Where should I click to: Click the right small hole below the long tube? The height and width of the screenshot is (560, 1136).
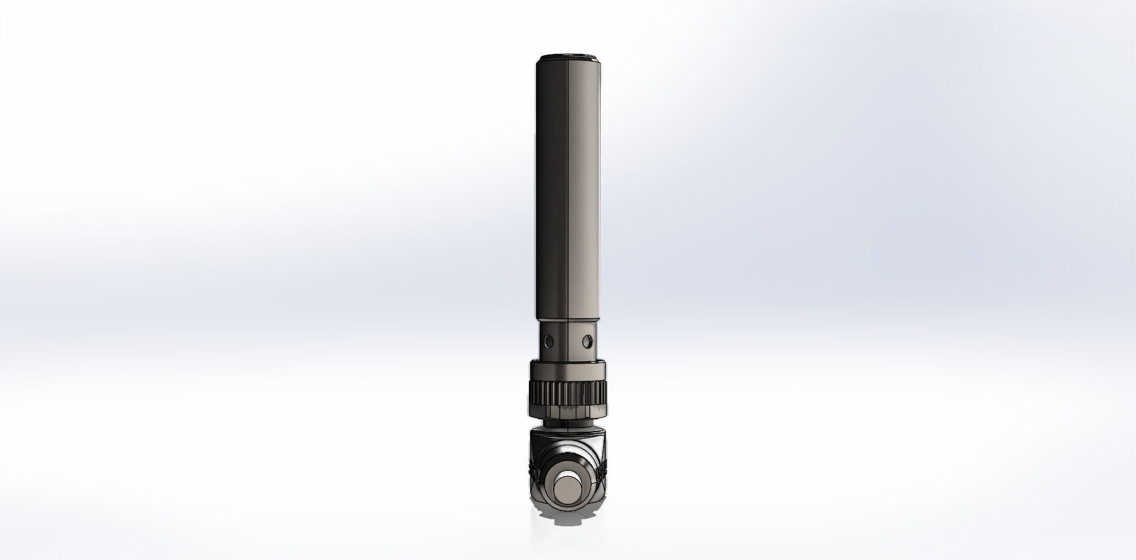(x=587, y=341)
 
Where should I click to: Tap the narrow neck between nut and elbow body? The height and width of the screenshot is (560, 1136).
(x=567, y=421)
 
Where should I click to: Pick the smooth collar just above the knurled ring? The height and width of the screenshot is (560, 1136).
(x=567, y=371)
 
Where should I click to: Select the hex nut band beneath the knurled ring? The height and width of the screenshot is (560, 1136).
(x=567, y=410)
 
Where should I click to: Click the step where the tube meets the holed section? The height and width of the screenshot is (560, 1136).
(x=567, y=321)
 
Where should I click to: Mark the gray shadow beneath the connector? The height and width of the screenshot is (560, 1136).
(x=567, y=520)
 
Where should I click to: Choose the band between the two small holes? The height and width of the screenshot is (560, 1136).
(x=567, y=341)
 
